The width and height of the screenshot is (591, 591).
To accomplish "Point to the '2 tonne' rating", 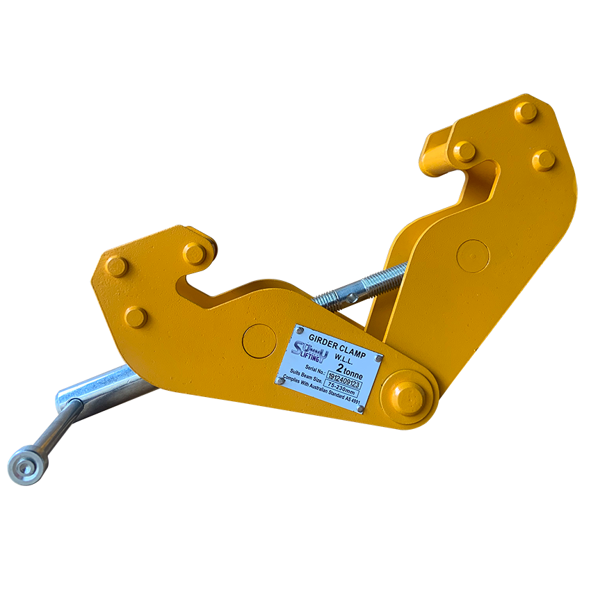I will [x=348, y=366].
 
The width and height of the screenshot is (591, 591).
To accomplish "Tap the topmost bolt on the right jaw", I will [x=526, y=112].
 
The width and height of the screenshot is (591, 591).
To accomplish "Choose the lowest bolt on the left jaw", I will [x=136, y=317].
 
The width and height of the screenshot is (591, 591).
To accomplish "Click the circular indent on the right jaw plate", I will [x=473, y=256].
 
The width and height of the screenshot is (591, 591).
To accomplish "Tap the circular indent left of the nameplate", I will [x=259, y=341].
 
